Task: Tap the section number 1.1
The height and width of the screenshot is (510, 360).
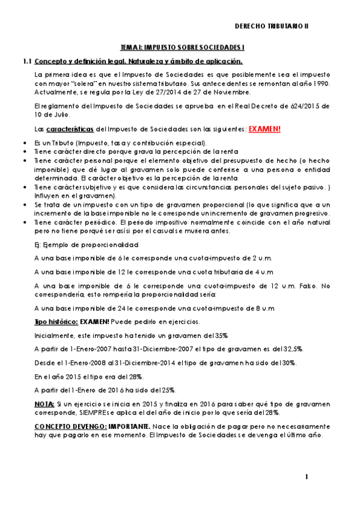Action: click(26, 61)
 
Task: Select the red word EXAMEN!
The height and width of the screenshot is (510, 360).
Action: click(264, 129)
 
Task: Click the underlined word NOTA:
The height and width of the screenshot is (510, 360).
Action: click(44, 403)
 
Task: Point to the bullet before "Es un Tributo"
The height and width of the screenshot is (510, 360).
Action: click(23, 143)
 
